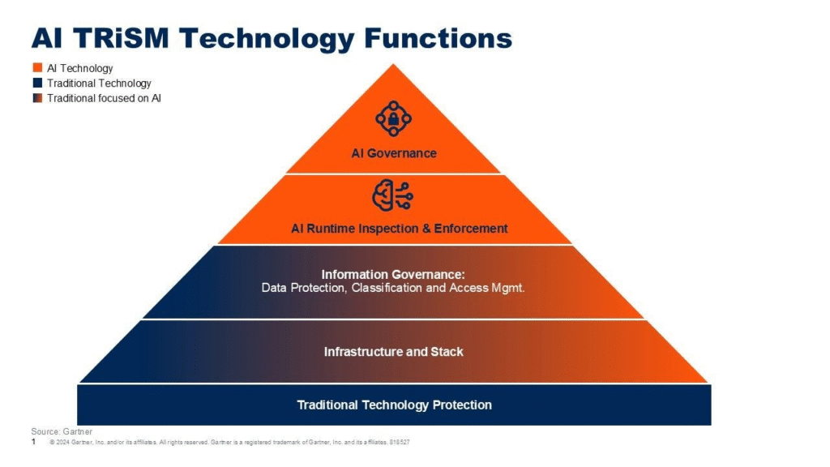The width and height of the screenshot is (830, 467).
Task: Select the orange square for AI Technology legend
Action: (x=37, y=68)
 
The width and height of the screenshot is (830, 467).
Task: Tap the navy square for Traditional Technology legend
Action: (x=37, y=83)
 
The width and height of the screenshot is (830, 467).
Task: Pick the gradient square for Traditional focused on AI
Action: (x=37, y=98)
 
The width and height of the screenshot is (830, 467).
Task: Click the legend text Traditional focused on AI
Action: (x=104, y=98)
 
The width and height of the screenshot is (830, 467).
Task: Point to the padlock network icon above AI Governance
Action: (x=393, y=119)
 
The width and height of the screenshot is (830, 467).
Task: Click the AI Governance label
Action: (x=394, y=153)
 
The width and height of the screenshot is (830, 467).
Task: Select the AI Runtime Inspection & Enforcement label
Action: (x=399, y=229)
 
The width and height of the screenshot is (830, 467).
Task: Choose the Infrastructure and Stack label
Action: (x=394, y=352)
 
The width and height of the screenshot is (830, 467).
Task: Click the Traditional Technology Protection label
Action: (x=394, y=405)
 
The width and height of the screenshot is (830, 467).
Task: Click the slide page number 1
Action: (x=33, y=443)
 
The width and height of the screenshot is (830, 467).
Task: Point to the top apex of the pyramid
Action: (x=393, y=66)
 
